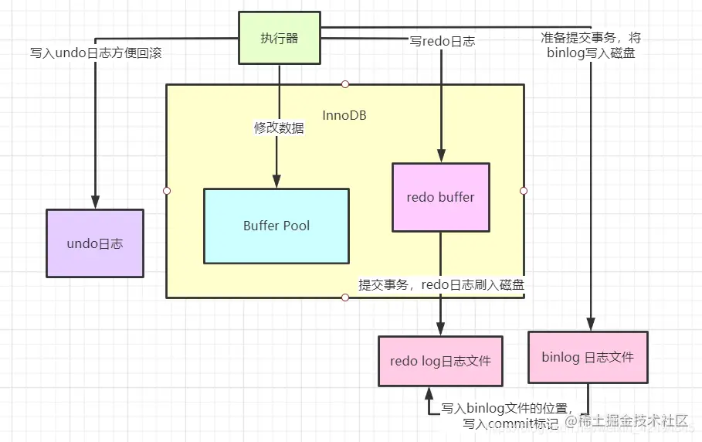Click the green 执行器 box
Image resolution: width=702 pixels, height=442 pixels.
click(x=280, y=37)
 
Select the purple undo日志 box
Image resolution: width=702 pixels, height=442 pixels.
click(x=94, y=243)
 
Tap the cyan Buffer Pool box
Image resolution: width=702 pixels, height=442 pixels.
click(x=276, y=226)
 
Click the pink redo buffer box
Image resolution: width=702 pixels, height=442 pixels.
click(x=440, y=197)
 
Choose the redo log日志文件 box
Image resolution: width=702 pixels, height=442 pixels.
click(x=440, y=361)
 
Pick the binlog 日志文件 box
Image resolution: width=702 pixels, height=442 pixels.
click(x=588, y=357)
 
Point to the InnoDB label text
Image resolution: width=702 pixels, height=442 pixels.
click(x=344, y=116)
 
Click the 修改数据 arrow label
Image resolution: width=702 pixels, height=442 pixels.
click(x=279, y=128)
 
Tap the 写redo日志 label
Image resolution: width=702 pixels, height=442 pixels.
click(x=442, y=41)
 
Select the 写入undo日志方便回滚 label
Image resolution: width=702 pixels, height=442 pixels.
click(x=95, y=53)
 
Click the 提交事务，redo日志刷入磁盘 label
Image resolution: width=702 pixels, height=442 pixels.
click(x=441, y=284)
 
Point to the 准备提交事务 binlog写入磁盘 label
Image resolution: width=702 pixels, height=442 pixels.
click(x=591, y=46)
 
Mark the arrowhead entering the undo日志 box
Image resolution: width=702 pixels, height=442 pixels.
click(x=94, y=202)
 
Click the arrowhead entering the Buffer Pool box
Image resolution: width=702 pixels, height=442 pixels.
click(x=279, y=180)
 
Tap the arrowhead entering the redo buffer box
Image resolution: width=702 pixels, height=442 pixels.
click(x=441, y=156)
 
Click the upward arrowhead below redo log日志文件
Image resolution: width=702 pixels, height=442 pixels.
click(x=429, y=393)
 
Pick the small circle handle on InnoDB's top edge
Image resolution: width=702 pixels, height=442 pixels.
click(x=345, y=84)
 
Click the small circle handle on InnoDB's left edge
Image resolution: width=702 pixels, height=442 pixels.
click(x=166, y=190)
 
